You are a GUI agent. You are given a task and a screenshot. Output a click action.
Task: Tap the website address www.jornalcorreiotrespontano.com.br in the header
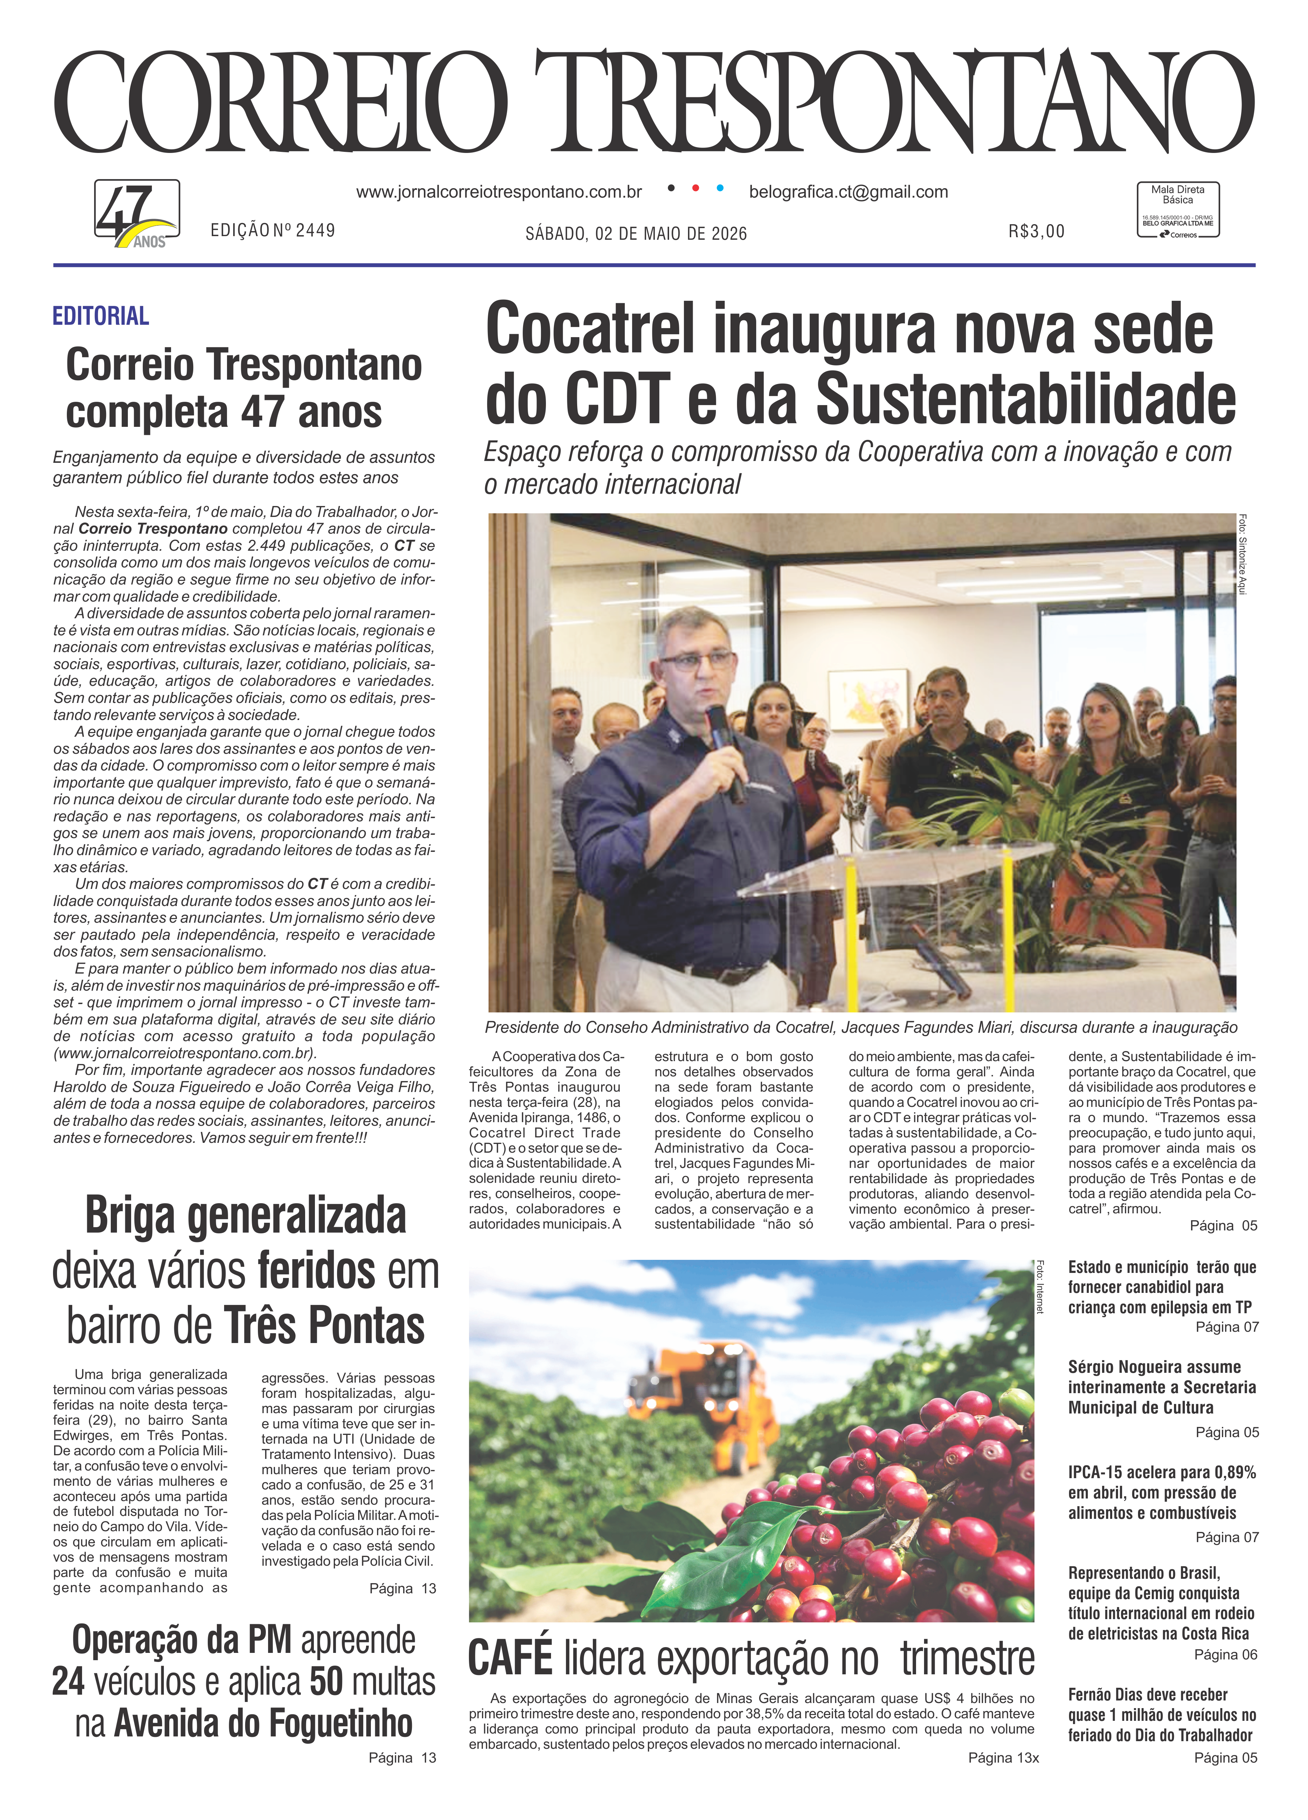pos(498,193)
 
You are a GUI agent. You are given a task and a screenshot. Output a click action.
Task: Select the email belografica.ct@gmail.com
pos(848,193)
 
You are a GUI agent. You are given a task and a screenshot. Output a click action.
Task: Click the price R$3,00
pos(1036,232)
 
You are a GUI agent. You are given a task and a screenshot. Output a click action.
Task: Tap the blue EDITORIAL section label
pos(100,316)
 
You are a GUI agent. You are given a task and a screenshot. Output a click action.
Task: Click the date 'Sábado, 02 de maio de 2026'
pos(636,234)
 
